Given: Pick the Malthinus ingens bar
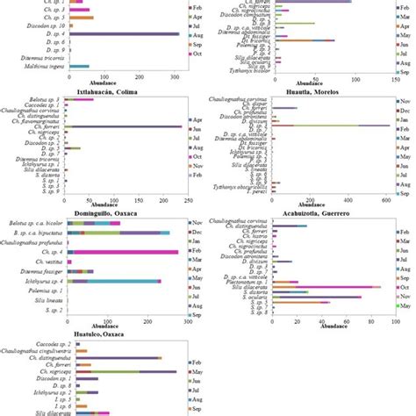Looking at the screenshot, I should pos(79,66).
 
